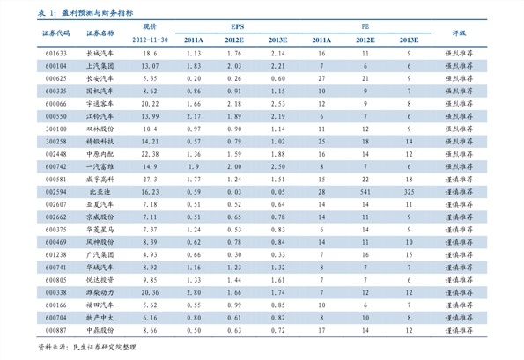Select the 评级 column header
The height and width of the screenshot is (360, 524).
[459, 33]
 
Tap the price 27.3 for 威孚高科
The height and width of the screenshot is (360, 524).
[149, 178]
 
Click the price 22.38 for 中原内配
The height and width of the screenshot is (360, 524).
[149, 153]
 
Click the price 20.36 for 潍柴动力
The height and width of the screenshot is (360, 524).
[149, 291]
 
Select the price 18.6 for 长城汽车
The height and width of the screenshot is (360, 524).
[149, 54]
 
